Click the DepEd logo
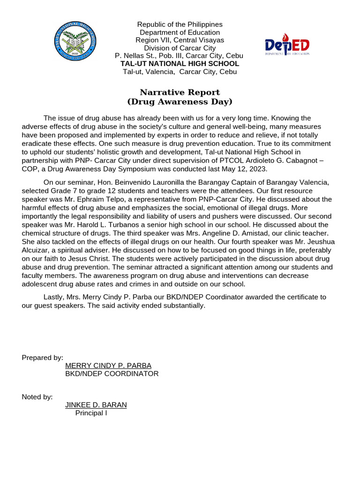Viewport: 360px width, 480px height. coord(287,47)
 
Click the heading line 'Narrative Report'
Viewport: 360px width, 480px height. coord(180,92)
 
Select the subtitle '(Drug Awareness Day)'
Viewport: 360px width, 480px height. coord(180,102)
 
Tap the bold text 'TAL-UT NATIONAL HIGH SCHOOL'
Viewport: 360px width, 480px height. coord(180,64)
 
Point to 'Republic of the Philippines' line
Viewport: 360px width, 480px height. coord(180,24)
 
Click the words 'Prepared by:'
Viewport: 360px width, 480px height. coord(43,358)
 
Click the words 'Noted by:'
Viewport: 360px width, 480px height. coord(37,397)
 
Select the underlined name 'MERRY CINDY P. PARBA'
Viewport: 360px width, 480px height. coord(108,366)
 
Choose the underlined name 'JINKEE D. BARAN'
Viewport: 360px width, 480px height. coord(96,405)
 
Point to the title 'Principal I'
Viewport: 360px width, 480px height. coord(91,413)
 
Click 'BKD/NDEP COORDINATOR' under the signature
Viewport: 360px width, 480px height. coord(112,374)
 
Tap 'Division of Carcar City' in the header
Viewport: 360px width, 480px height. coord(180,48)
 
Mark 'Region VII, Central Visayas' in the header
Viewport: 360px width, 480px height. coord(180,40)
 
